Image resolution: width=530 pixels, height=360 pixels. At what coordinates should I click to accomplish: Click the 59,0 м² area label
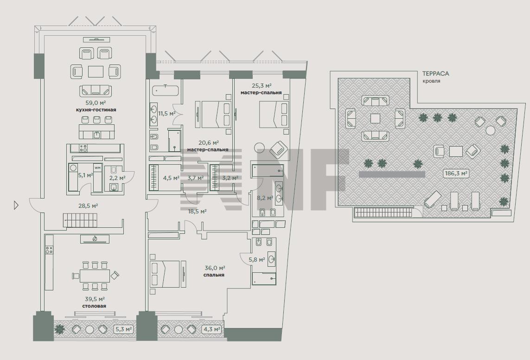[96, 103]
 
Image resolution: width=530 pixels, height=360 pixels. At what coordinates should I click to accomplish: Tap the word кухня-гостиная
[96, 110]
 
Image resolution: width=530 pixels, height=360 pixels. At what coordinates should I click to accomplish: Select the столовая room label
[94, 306]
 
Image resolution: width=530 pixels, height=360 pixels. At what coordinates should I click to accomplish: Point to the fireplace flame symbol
[95, 239]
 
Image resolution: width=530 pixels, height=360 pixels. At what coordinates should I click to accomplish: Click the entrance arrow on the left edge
[16, 205]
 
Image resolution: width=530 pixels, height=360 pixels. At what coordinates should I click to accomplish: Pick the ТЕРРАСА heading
[435, 73]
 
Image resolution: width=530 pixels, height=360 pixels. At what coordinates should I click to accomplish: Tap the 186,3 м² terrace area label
[456, 174]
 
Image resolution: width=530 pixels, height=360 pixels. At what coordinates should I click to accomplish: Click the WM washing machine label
[97, 167]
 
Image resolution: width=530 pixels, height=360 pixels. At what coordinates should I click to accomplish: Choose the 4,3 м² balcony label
[212, 328]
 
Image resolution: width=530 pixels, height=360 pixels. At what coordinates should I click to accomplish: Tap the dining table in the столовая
[95, 276]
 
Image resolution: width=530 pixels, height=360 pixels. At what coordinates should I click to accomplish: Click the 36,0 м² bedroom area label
[215, 268]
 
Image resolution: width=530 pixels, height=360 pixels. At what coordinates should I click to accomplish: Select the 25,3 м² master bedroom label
[262, 86]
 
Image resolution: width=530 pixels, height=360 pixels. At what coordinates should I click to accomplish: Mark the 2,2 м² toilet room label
[117, 178]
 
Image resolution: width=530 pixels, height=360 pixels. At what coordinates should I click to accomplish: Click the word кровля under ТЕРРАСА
[431, 81]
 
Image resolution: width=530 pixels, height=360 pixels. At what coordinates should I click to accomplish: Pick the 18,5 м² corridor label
[198, 212]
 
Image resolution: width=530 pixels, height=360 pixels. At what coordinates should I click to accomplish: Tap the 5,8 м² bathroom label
[257, 260]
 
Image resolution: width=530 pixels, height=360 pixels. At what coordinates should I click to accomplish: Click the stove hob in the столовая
[49, 250]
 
